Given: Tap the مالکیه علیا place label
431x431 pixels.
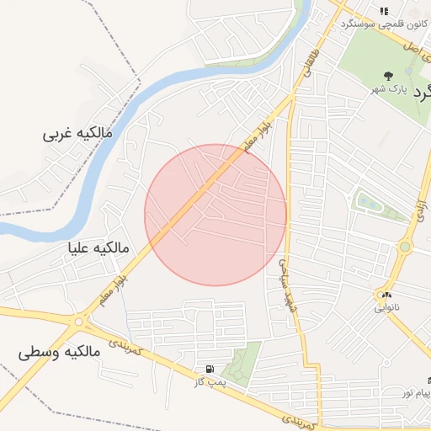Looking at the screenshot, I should click(x=100, y=248).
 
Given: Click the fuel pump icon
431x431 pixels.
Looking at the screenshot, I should click(x=208, y=369).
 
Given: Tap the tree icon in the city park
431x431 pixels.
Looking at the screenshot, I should click(x=388, y=76).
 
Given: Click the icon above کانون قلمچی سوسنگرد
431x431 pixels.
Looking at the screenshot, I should click(x=384, y=11).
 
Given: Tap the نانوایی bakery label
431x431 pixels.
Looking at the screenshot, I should click(x=388, y=309).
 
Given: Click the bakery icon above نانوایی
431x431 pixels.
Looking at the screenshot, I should click(x=386, y=295).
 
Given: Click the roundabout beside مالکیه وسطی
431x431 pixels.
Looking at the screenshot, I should click(x=81, y=321).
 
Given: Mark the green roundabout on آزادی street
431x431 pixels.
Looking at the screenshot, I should click(x=405, y=247).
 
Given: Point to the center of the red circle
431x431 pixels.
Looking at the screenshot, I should click(x=215, y=215).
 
